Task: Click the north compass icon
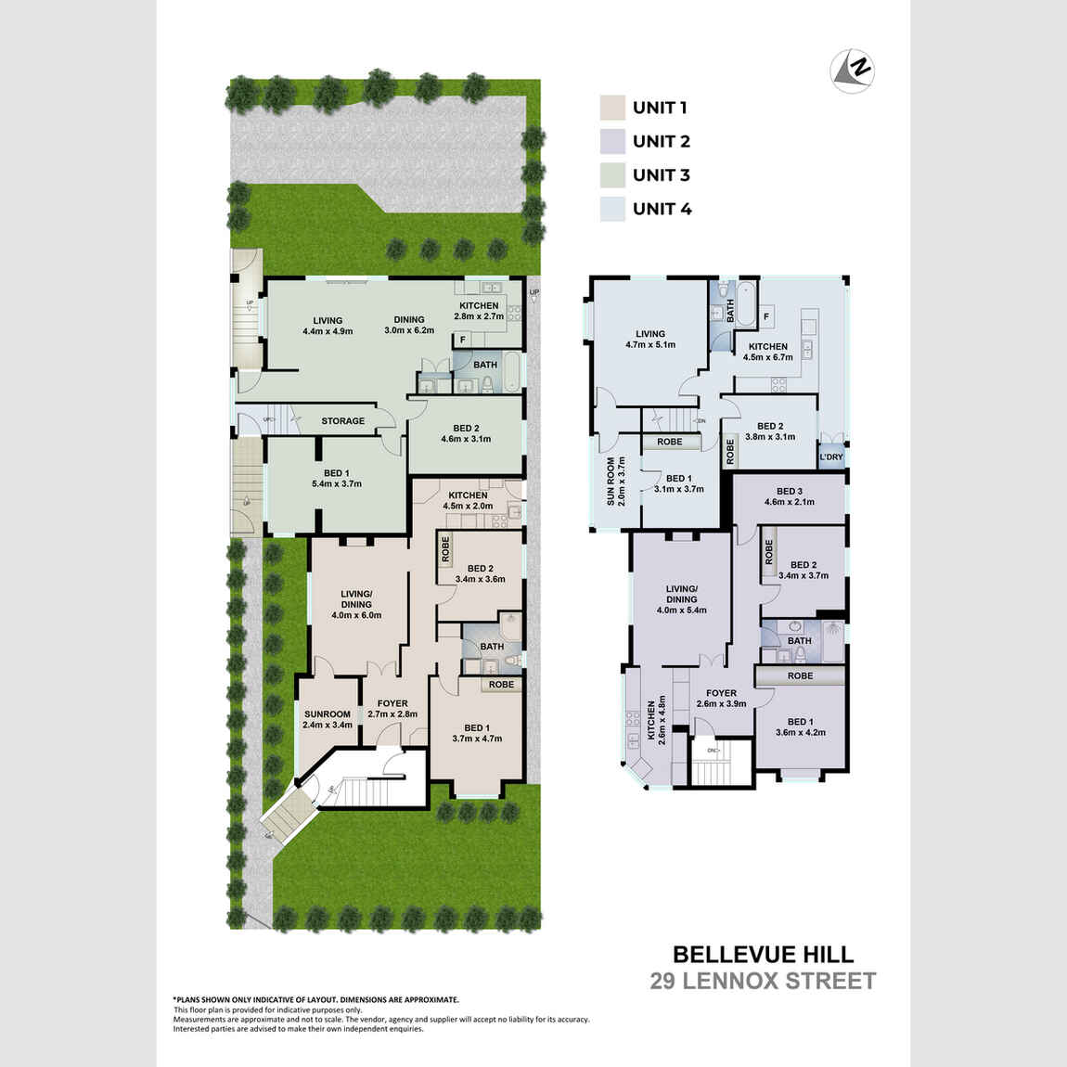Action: point(853,70)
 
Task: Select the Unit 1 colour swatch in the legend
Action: point(612,108)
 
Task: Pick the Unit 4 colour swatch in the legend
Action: point(612,209)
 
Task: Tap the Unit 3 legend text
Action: point(662,175)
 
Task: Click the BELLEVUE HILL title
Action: point(764,955)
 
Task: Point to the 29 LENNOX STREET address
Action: point(763,982)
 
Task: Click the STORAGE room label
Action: point(343,421)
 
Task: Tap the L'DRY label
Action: point(831,457)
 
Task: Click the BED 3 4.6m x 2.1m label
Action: point(789,496)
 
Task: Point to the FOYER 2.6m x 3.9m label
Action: point(721,699)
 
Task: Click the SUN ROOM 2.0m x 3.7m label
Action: point(616,481)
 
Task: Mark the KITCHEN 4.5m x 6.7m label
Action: point(768,352)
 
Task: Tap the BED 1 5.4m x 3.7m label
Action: point(337,478)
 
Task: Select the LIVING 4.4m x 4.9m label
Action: point(328,326)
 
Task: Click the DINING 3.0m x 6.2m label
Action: point(409,325)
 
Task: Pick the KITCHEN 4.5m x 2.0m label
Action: point(468,501)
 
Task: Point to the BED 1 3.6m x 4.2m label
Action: point(800,726)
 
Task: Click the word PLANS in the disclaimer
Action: point(191,999)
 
